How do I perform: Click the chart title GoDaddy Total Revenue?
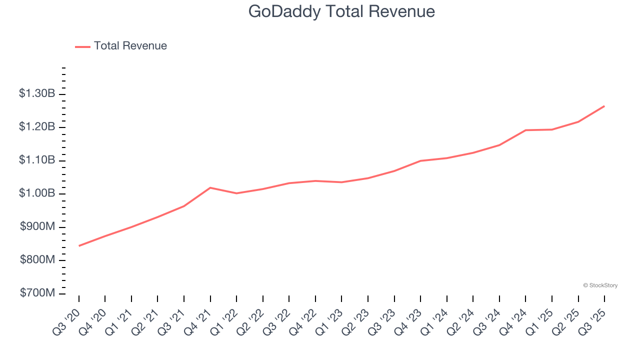pos(341,11)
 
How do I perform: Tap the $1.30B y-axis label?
pos(37,93)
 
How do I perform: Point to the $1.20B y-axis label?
pos(37,127)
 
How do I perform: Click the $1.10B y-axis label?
pos(37,160)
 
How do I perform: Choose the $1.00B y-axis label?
pos(37,193)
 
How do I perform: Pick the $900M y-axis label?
pos(37,226)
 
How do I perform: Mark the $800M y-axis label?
pos(37,260)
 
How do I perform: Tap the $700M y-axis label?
pos(37,293)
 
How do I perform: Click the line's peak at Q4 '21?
pos(210,187)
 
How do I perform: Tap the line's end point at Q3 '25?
pos(604,106)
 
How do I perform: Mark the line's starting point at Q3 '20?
pos(79,246)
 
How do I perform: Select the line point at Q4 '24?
pos(525,130)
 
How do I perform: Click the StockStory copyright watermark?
pos(600,285)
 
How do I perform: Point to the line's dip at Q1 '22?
pos(236,193)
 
